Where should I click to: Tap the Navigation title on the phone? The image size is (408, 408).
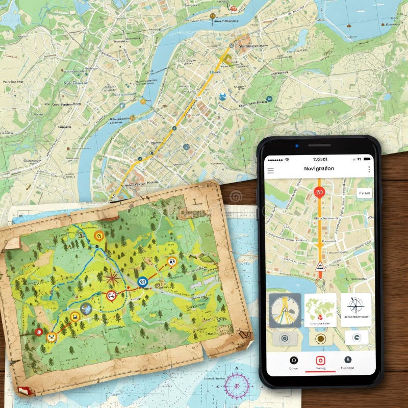[319, 168]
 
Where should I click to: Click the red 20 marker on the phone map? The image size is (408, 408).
[320, 192]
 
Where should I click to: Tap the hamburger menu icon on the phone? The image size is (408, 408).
[271, 170]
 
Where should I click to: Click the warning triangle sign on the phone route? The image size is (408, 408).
[320, 266]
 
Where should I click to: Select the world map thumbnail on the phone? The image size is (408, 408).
[320, 309]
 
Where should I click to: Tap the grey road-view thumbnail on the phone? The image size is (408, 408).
[285, 310]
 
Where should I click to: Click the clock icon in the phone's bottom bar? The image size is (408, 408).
[348, 359]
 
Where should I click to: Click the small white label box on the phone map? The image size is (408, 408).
[364, 193]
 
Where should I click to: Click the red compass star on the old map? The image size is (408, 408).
[112, 278]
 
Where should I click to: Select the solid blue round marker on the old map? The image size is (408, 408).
[143, 281]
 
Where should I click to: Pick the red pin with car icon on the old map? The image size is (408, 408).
[111, 295]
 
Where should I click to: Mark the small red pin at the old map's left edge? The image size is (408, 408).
[38, 332]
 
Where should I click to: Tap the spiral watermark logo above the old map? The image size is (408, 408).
[236, 196]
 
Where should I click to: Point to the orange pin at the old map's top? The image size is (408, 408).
[99, 236]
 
